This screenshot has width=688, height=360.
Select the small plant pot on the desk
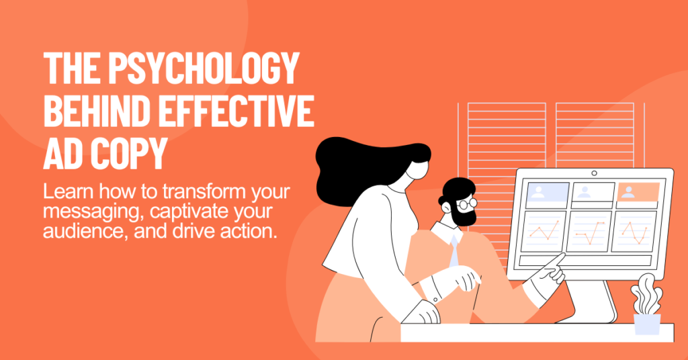coord(646,323)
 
